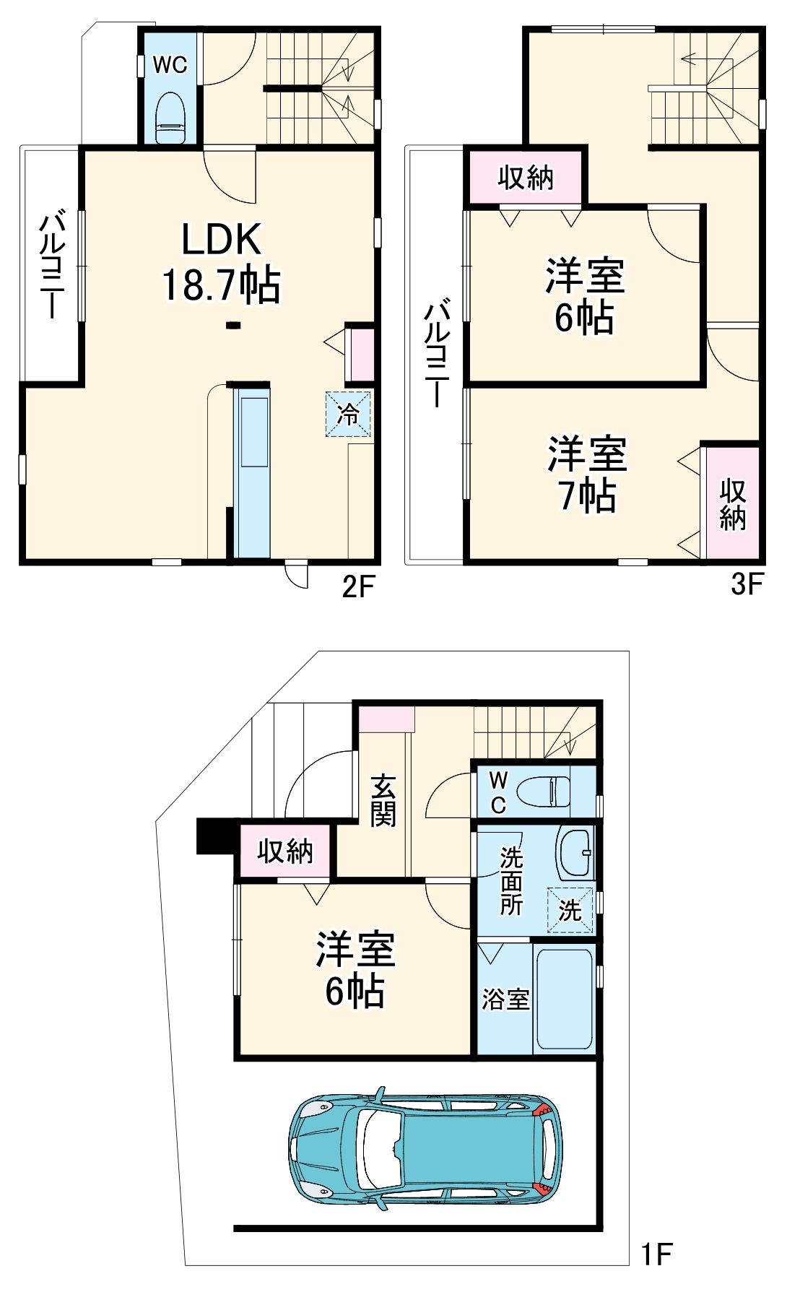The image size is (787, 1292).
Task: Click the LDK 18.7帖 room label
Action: coord(221,261)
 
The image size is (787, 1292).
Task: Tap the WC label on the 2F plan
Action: coord(170,65)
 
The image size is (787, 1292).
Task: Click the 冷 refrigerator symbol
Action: coord(348,414)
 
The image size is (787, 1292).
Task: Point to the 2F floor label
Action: coord(358,587)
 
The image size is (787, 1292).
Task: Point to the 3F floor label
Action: coord(747,584)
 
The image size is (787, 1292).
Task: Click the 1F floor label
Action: coord(656,1254)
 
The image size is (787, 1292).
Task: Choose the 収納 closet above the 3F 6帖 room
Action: coord(526,177)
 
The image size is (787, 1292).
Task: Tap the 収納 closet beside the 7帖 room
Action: coord(732,504)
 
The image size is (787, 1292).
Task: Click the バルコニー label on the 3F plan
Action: coord(436,353)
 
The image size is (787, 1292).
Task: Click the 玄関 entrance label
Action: coord(383,800)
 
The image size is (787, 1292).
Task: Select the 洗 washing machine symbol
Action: coord(570,910)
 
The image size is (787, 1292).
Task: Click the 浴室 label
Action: coord(505,1000)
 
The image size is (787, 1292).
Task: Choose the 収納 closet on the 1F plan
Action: coord(285,851)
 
